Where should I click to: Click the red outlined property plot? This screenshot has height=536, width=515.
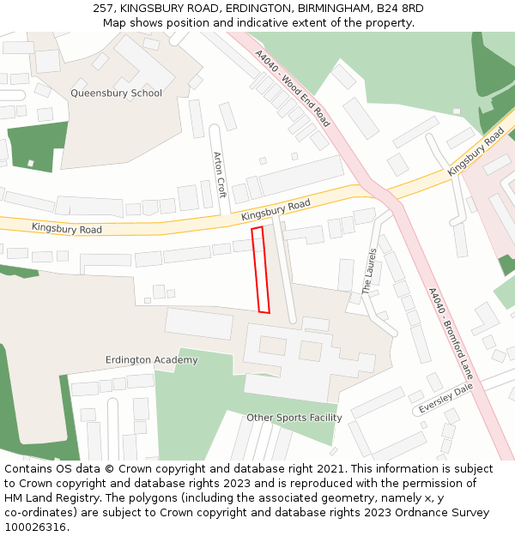260,270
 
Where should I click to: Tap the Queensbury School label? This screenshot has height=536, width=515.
116,93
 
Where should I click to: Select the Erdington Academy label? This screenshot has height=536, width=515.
151,360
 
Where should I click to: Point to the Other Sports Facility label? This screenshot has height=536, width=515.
294,418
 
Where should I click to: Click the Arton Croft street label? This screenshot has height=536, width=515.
220,175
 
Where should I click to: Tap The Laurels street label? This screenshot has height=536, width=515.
370,271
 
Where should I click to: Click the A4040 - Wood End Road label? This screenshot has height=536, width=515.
292,88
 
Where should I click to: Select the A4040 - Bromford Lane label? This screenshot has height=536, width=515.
451,333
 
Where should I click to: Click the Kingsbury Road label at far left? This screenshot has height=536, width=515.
67,229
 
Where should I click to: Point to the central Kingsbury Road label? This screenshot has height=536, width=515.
276,211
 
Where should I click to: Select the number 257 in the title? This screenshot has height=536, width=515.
101,9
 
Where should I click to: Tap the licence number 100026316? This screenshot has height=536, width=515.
35,527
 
